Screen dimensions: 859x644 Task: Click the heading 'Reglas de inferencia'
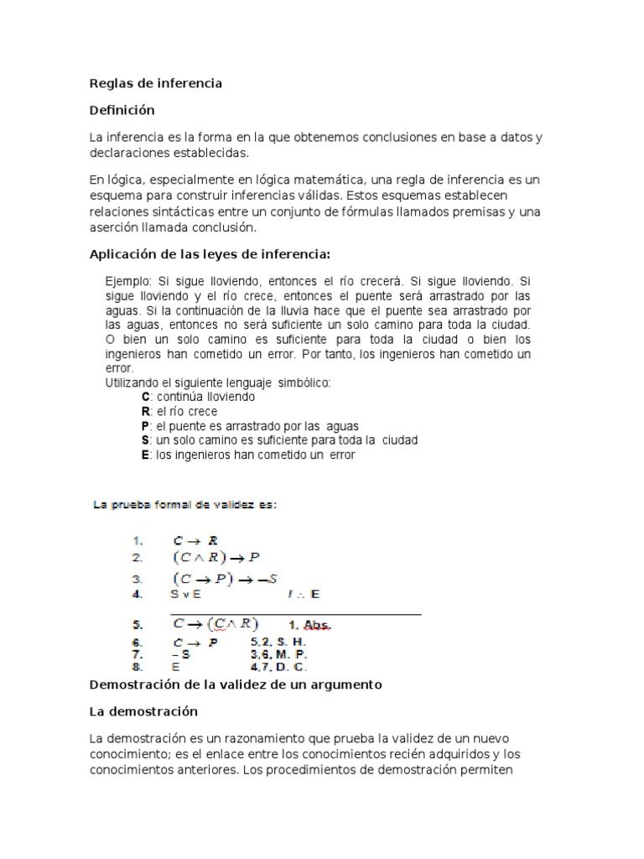(x=156, y=83)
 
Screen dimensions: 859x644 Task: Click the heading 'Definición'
(x=122, y=110)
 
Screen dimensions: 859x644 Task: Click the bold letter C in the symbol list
(x=145, y=397)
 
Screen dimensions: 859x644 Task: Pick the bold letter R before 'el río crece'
(x=145, y=411)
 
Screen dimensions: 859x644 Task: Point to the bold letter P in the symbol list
(x=145, y=426)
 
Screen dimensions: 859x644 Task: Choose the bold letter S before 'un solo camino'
(x=145, y=440)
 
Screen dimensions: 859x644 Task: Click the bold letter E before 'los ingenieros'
(x=145, y=456)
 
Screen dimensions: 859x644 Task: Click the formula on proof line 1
(x=195, y=541)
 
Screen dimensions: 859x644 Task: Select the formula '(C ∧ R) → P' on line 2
(x=217, y=557)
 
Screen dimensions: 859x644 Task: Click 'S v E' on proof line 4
(x=185, y=594)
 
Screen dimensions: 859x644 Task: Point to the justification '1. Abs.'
(x=310, y=625)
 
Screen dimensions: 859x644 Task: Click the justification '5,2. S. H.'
(x=278, y=642)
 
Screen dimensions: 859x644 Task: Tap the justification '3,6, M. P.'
(x=279, y=654)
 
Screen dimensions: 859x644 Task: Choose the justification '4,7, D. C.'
(x=279, y=668)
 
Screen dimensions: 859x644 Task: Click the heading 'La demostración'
(x=143, y=711)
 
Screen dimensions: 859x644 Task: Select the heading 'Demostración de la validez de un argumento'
(x=236, y=685)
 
